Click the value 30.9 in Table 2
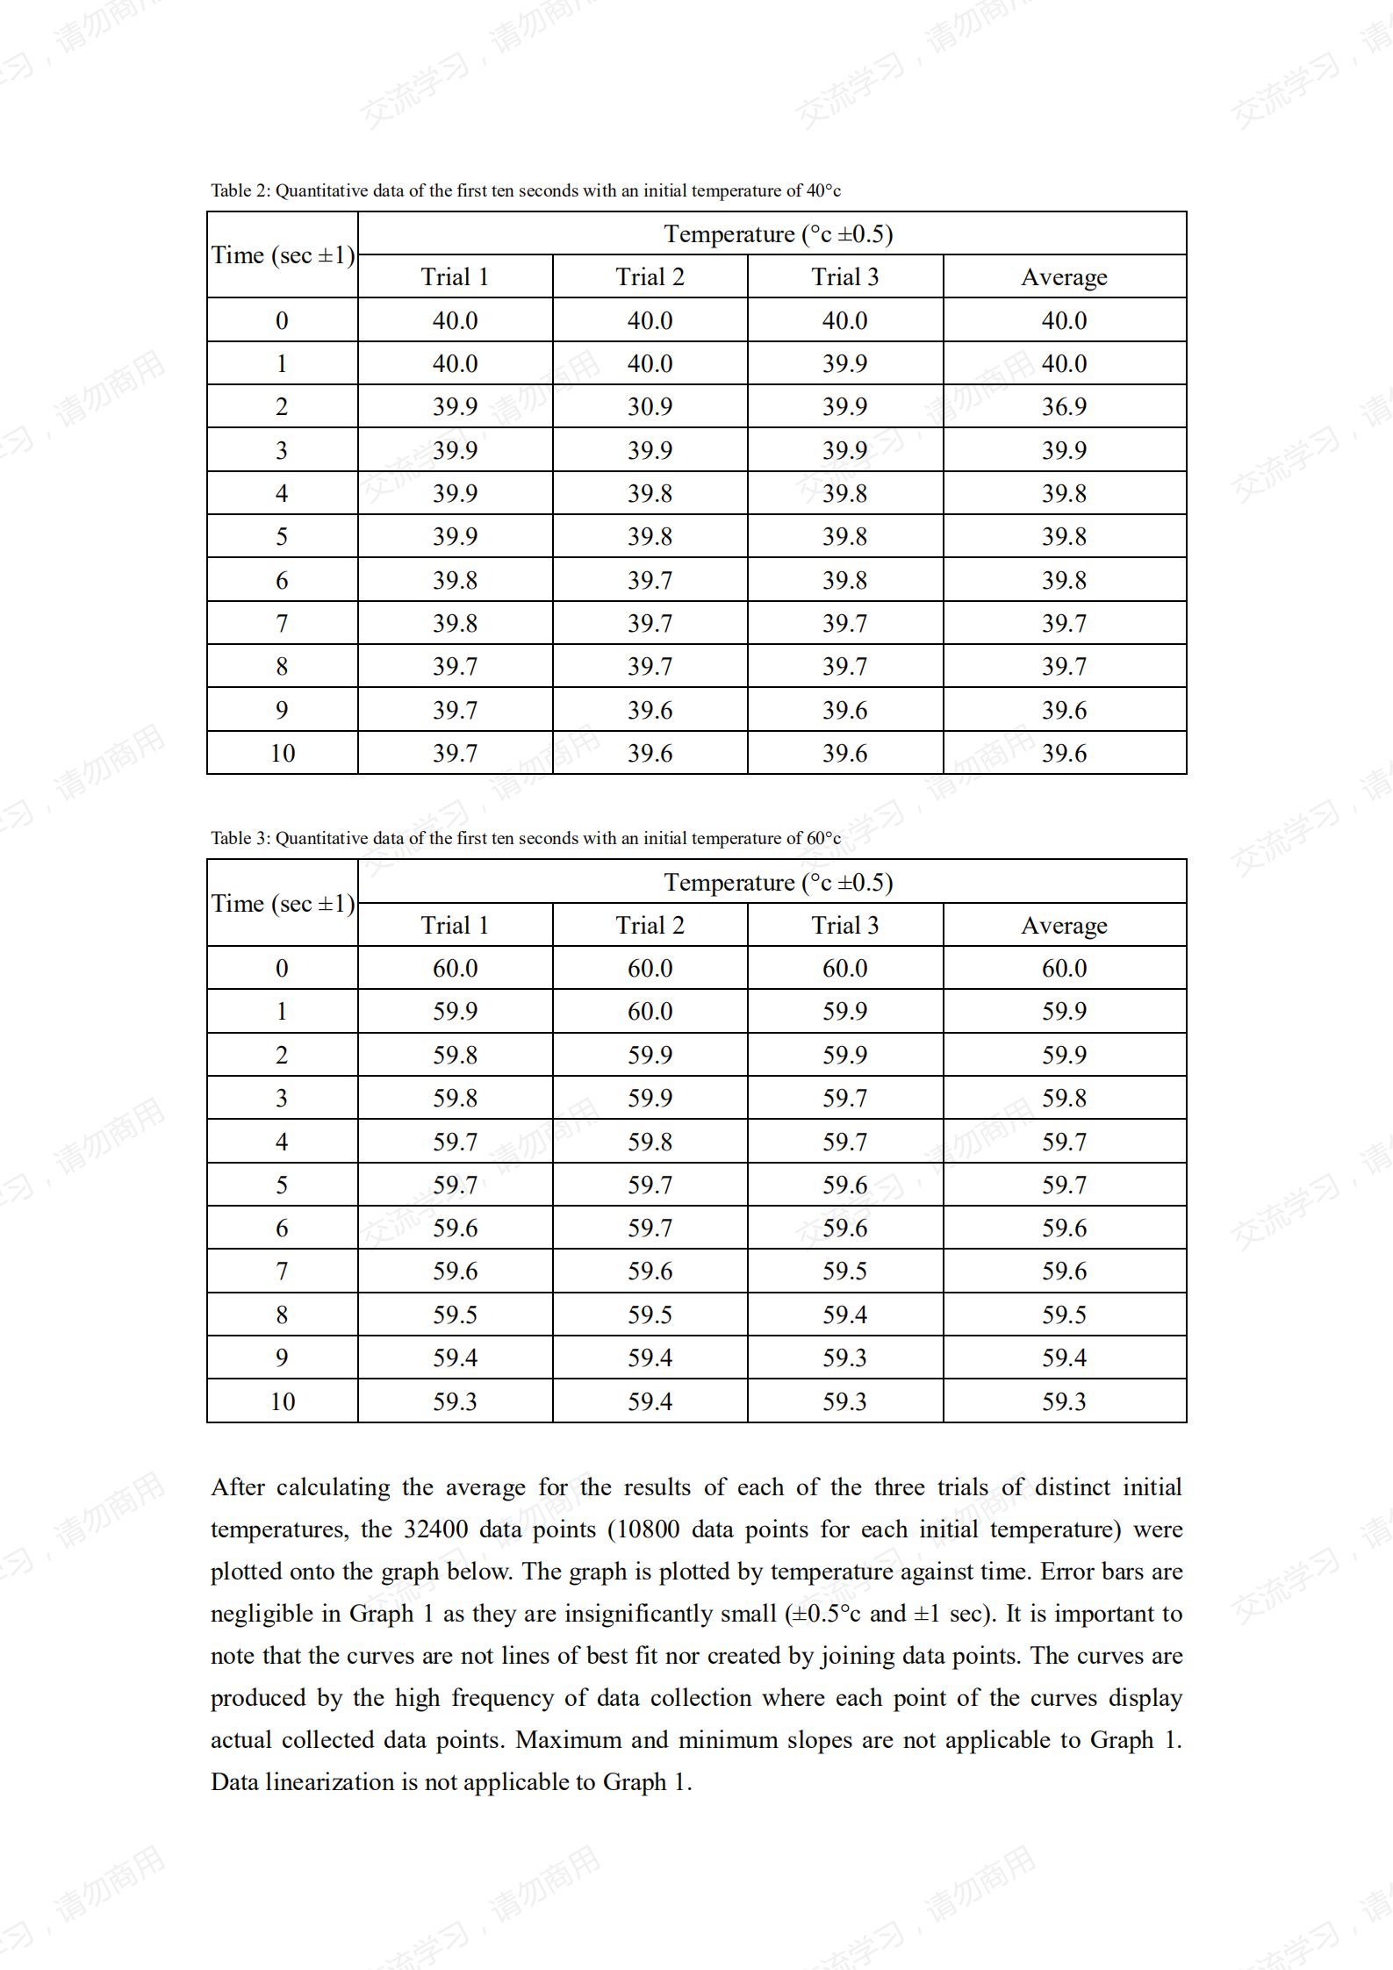pyautogui.click(x=650, y=406)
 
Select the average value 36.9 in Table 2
pyautogui.click(x=1064, y=406)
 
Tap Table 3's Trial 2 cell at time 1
pyautogui.click(x=650, y=1011)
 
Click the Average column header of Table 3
pyautogui.click(x=1064, y=925)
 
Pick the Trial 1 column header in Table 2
pyautogui.click(x=455, y=276)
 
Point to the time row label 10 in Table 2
pyautogui.click(x=282, y=753)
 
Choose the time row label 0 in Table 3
pyautogui.click(x=282, y=968)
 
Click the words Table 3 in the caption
pyautogui.click(x=241, y=838)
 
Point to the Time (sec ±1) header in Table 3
pyautogui.click(x=283, y=903)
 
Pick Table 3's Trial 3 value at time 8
pyautogui.click(x=844, y=1315)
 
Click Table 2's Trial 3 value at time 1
pyautogui.click(x=844, y=363)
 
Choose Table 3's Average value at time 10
pyautogui.click(x=1064, y=1400)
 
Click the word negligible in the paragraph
pyautogui.click(x=276, y=1613)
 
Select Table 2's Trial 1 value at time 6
pyautogui.click(x=455, y=580)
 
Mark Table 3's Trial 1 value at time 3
pyautogui.click(x=455, y=1098)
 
